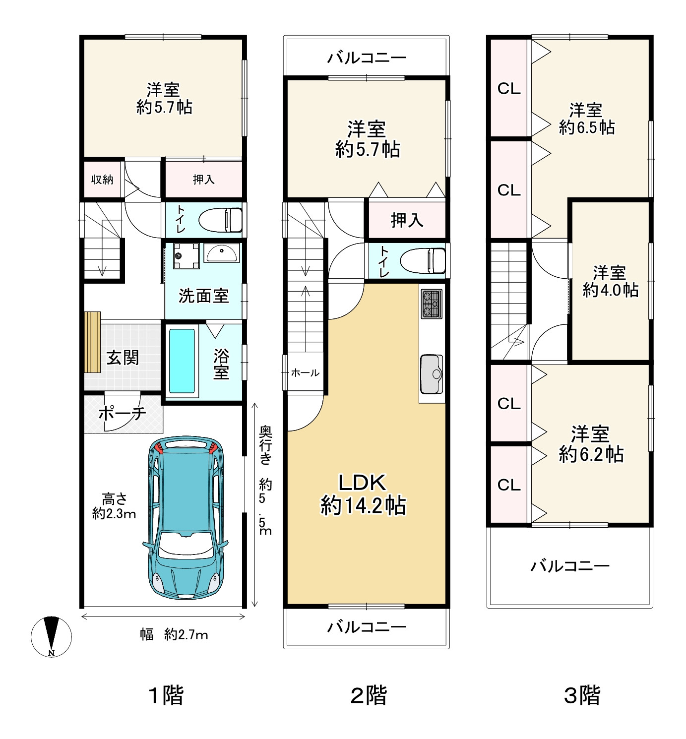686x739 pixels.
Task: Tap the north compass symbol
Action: point(52,636)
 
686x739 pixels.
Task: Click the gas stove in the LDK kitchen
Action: point(432,304)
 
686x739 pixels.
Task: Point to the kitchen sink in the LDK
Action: point(432,374)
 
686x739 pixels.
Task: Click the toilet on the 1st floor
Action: point(220,220)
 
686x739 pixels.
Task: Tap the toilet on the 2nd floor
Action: point(423,260)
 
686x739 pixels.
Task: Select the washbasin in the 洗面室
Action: point(222,253)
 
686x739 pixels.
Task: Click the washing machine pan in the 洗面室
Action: point(186,255)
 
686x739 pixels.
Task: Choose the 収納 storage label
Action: point(102,180)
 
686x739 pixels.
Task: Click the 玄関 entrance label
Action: point(123,358)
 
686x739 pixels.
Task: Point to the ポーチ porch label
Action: point(123,413)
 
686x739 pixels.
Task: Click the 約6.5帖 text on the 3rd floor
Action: point(587,127)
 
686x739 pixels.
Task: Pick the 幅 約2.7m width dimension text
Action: point(174,634)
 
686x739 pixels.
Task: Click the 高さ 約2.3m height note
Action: point(114,506)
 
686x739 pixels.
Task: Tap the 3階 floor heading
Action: point(582,695)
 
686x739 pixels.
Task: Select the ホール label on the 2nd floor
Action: point(305,373)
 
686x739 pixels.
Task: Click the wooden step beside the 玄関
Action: point(93,342)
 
